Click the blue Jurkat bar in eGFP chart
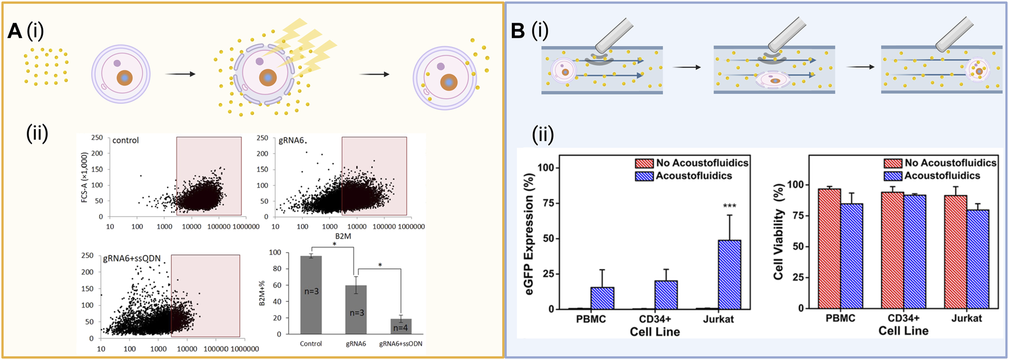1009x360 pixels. [x=729, y=275]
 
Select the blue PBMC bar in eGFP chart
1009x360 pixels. [x=602, y=298]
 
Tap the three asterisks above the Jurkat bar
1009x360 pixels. [x=729, y=206]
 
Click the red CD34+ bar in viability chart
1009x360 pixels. [x=892, y=251]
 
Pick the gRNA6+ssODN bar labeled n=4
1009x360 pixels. [x=401, y=326]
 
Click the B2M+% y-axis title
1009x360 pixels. [x=262, y=293]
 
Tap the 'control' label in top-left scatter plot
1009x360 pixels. [x=125, y=140]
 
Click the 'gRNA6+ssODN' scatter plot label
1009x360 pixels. [x=132, y=259]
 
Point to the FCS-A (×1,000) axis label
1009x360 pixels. [x=85, y=177]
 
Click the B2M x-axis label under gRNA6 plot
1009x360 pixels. [x=343, y=236]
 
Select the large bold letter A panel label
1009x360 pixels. [x=14, y=31]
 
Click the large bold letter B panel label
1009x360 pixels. [x=517, y=31]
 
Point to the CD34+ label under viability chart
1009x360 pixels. [x=903, y=318]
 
